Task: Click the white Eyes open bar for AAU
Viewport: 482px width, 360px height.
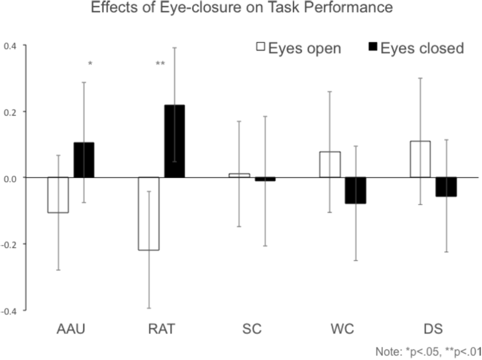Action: coord(58,195)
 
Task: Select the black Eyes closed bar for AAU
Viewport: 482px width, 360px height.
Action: coord(84,160)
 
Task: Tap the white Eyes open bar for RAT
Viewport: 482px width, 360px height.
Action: coord(149,214)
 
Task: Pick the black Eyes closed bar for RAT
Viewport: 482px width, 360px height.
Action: coord(175,141)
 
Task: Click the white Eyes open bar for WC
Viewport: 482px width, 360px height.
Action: coord(330,165)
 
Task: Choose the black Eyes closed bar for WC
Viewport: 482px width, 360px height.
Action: coord(355,190)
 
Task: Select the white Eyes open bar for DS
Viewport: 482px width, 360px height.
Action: coord(420,159)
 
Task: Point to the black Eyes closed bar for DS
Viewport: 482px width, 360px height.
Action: coord(445,187)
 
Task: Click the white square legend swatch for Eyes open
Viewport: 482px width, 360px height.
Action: coord(261,48)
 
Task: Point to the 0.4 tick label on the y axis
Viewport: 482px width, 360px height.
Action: coord(10,46)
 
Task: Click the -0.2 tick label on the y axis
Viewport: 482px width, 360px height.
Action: coord(9,244)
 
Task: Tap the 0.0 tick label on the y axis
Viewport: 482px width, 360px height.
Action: coord(10,178)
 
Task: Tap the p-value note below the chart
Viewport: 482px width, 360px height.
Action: coord(428,351)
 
